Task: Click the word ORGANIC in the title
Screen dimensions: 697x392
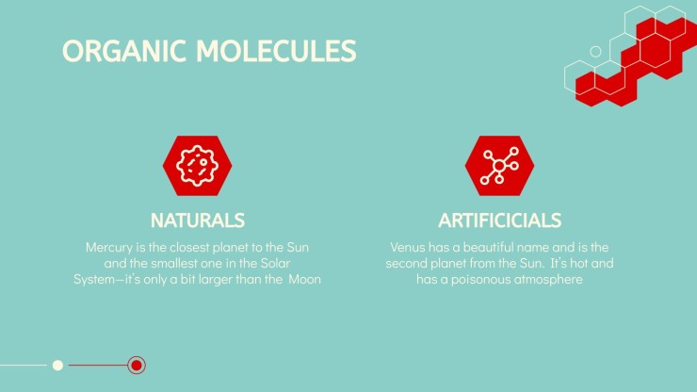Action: (124, 51)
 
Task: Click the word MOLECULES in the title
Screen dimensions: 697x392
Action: (276, 51)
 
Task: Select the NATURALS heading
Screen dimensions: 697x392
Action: (198, 220)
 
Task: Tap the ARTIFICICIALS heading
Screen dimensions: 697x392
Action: (499, 220)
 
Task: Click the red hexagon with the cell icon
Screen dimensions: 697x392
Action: (198, 166)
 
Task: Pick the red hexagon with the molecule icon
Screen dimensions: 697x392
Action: (499, 166)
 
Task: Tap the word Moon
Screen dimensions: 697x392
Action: (304, 280)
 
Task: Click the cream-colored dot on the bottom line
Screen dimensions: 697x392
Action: (57, 366)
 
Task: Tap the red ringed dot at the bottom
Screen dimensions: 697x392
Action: (137, 366)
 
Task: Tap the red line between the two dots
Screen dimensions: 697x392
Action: (98, 366)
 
